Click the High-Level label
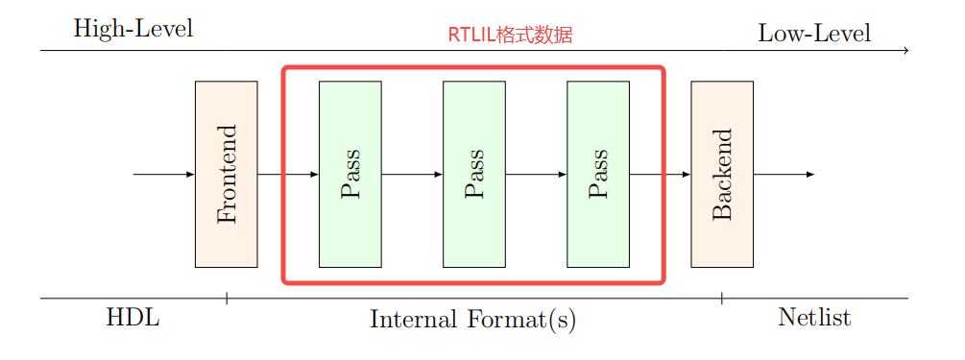click(133, 29)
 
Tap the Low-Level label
click(814, 34)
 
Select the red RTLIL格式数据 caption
click(510, 36)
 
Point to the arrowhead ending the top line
click(905, 50)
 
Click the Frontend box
click(226, 174)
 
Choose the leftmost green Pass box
click(350, 174)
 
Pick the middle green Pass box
click(474, 174)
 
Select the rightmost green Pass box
click(598, 174)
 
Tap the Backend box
click(722, 174)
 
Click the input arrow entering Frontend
click(164, 174)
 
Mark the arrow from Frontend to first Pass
click(288, 174)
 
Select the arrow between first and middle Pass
click(412, 174)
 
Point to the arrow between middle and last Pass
click(536, 174)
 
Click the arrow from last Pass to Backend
click(660, 174)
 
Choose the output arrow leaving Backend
click(784, 174)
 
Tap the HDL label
click(133, 318)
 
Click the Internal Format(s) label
click(472, 319)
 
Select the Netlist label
click(814, 318)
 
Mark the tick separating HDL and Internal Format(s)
click(227, 299)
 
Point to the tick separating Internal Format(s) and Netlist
click(722, 299)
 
